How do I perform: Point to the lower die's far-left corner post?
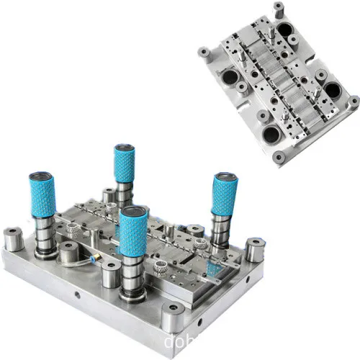coord(14,238)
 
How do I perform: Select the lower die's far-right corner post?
coord(253,249)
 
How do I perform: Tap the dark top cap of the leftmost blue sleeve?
coord(40,176)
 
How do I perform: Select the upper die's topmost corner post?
coord(279,10)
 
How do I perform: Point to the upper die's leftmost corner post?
coord(204,53)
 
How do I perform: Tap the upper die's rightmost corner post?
coord(353,101)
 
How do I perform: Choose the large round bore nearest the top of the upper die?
coord(286,30)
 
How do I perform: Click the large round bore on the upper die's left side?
coord(232,78)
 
